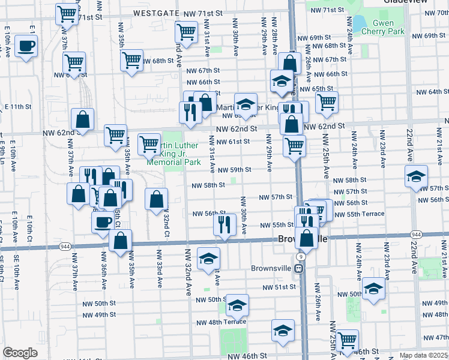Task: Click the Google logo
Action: click(x=20, y=353)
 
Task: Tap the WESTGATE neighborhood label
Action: click(x=158, y=13)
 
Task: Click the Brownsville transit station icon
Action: click(x=298, y=269)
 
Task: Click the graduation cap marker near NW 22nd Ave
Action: click(x=416, y=177)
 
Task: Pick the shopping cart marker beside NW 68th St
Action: click(x=131, y=60)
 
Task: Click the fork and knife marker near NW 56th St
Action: click(x=224, y=224)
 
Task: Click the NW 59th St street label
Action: click(x=234, y=170)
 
